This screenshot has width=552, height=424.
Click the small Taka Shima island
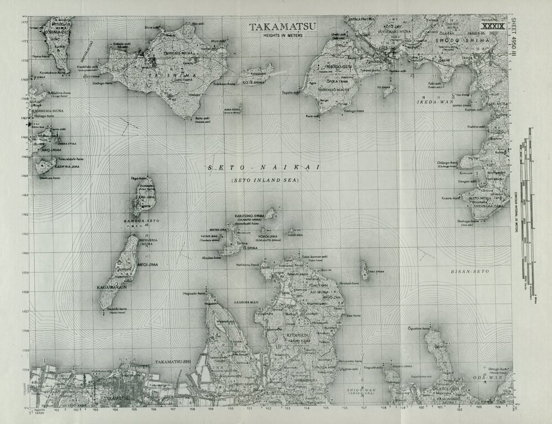click(365, 271)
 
